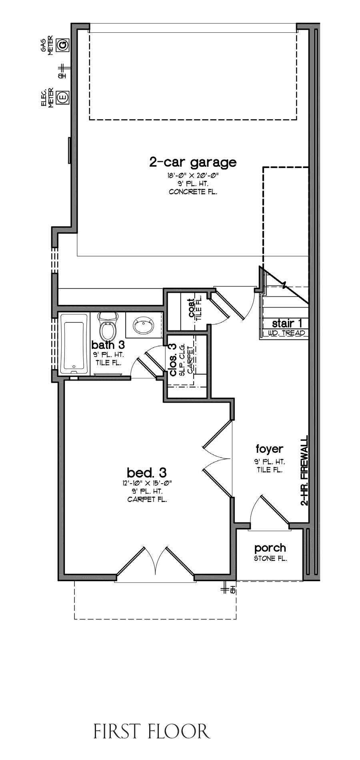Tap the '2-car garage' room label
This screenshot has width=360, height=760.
click(x=193, y=162)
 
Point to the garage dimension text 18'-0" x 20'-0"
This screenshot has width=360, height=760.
click(x=193, y=175)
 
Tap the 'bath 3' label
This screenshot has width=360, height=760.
click(x=108, y=345)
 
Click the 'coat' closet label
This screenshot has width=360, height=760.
click(x=192, y=308)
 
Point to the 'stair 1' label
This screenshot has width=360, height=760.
click(x=287, y=323)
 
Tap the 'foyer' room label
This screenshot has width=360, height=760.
click(x=270, y=448)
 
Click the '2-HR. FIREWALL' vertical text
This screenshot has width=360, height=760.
click(x=304, y=471)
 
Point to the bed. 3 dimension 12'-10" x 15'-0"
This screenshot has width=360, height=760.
click(x=147, y=483)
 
